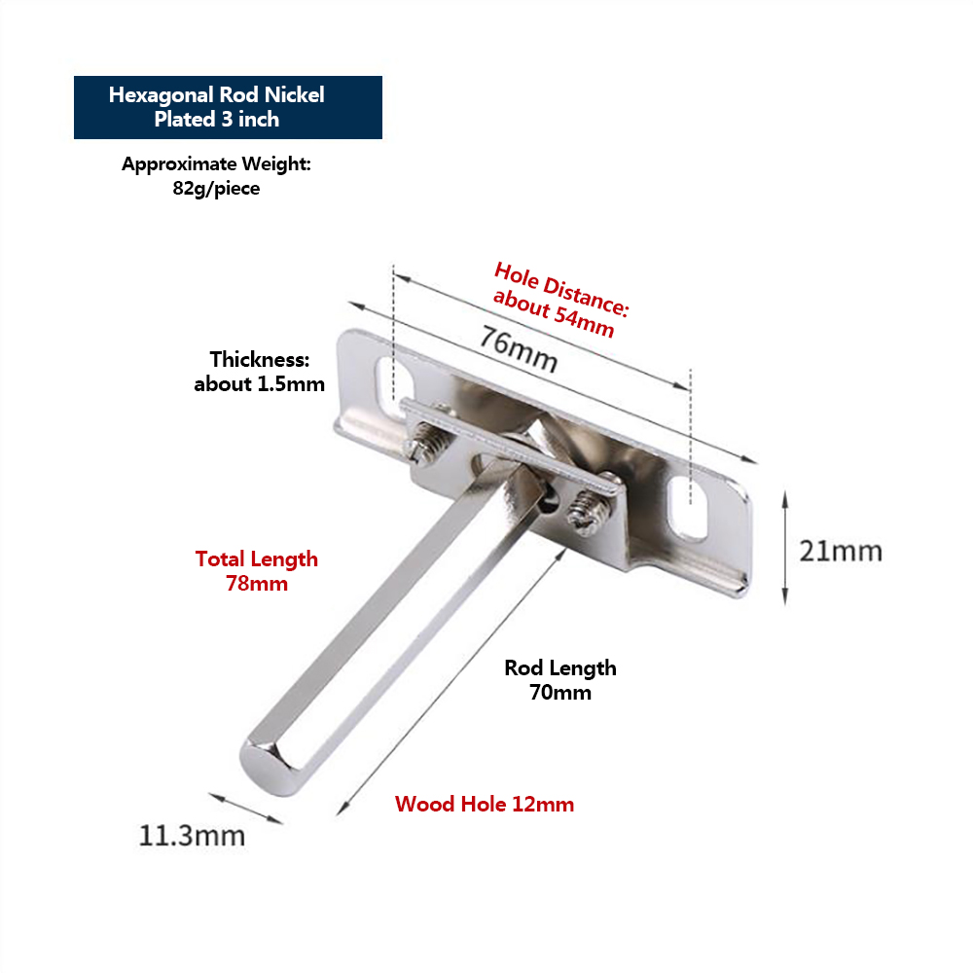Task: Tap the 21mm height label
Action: pos(841,551)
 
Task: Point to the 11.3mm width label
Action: pos(192,834)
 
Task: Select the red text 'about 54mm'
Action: pos(553,313)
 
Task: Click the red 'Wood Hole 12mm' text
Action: pos(485,805)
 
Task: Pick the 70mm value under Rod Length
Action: pos(560,693)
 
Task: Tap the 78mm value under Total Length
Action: pos(257,584)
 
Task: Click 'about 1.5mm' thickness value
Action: pos(259,383)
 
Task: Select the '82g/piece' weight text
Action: pos(216,188)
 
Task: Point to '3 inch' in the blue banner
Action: pos(249,120)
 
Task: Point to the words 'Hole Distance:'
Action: pos(561,287)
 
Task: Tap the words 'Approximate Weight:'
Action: pos(216,163)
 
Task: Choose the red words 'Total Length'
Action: pos(257,559)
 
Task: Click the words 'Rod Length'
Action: pos(560,667)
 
